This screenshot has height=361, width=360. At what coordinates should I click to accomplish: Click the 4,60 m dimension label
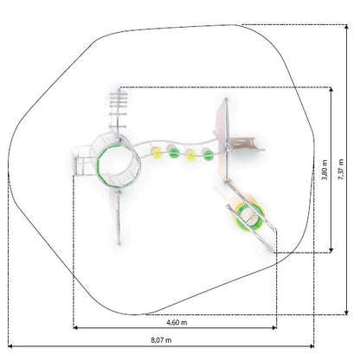(x=177, y=322)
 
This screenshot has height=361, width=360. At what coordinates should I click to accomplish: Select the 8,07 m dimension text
(x=161, y=340)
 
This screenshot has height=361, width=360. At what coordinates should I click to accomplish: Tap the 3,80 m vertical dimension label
(x=325, y=170)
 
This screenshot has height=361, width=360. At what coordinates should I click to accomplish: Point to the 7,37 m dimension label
(x=341, y=170)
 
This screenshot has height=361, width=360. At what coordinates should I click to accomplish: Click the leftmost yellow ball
(x=157, y=153)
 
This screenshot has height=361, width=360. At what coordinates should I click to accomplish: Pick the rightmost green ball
(x=208, y=155)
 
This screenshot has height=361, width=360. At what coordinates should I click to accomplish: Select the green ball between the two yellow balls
(x=174, y=152)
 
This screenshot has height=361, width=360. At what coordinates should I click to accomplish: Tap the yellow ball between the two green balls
(x=190, y=155)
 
